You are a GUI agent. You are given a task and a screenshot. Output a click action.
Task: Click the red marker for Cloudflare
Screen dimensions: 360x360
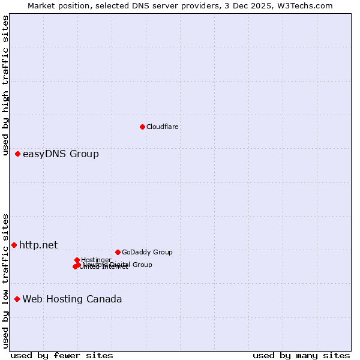tap(142, 127)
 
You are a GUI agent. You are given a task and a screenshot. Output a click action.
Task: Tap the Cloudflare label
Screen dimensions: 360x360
tap(163, 127)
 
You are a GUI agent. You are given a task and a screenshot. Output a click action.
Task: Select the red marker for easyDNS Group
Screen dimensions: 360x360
tap(18, 154)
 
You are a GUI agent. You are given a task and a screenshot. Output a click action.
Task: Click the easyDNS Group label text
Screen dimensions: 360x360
tap(61, 154)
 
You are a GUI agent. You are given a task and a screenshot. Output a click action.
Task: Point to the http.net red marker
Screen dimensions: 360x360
tap(14, 245)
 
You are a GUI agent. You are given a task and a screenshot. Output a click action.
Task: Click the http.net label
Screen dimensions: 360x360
tap(38, 245)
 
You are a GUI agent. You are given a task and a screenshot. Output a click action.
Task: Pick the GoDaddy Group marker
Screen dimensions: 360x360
tap(118, 252)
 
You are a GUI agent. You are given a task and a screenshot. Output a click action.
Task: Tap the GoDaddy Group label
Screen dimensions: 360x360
tap(147, 252)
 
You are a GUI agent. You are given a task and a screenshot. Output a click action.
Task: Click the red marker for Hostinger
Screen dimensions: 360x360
tap(77, 260)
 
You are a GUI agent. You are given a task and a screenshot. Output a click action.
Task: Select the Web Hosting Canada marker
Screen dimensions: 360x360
tap(17, 299)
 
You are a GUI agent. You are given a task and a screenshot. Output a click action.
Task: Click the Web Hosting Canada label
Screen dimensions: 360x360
tap(72, 299)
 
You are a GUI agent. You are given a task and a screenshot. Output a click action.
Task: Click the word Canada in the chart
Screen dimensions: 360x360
tap(106, 299)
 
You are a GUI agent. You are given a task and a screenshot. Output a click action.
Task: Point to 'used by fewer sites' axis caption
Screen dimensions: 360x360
tap(62, 355)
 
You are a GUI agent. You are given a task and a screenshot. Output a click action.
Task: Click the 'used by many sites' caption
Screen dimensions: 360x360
tap(301, 355)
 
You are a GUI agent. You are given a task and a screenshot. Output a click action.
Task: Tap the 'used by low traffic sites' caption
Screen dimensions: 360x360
tap(5, 281)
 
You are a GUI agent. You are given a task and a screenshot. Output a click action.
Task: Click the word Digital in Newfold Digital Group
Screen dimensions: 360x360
tap(120, 265)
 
